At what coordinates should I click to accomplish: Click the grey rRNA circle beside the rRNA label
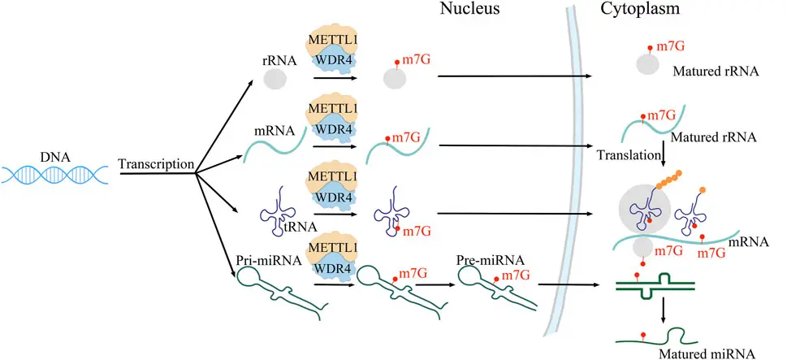pyautogui.click(x=275, y=78)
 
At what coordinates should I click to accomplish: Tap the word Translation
pyautogui.click(x=627, y=154)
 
